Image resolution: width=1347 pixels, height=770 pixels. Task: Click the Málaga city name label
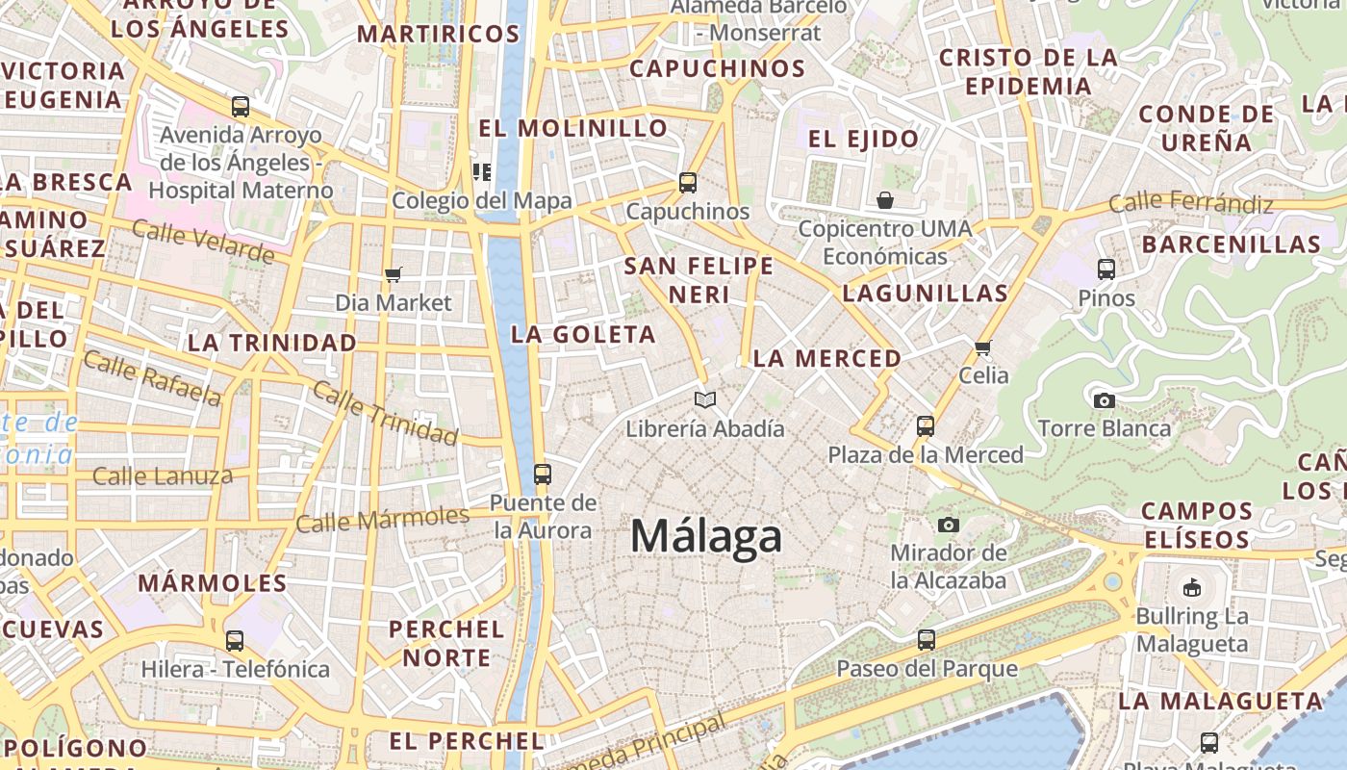pos(705,536)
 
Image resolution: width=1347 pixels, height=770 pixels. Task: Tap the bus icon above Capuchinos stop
pos(687,182)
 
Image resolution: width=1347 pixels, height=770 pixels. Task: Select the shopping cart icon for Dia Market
pos(393,275)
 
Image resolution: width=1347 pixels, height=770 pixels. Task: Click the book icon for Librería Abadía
pos(705,399)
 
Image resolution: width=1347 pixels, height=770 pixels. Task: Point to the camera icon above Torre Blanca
pos(1104,399)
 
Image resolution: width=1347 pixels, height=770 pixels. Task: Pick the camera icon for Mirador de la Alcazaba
pos(949,525)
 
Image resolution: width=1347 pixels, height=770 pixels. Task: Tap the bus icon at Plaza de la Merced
pos(926,425)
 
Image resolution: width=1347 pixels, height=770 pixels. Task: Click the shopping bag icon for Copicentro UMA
pos(884,200)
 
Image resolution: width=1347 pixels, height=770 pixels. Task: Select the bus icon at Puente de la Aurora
pos(543,474)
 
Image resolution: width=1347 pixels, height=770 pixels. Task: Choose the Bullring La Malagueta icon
pos(1192,586)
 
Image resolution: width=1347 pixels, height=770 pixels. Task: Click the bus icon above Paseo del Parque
pos(927,639)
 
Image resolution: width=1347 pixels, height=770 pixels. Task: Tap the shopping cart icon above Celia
pos(982,347)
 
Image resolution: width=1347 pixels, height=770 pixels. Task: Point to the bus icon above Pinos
pos(1106,269)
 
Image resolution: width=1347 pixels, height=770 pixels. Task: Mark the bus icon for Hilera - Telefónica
pos(235,640)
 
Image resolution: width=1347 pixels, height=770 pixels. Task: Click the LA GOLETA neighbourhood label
pos(583,335)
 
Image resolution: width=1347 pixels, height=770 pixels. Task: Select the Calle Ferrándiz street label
pos(1190,203)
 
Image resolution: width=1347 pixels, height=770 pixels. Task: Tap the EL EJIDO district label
pos(863,139)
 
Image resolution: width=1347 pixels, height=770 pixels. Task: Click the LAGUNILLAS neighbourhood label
pos(925,294)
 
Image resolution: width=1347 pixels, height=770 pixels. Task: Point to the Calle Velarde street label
pos(203,241)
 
